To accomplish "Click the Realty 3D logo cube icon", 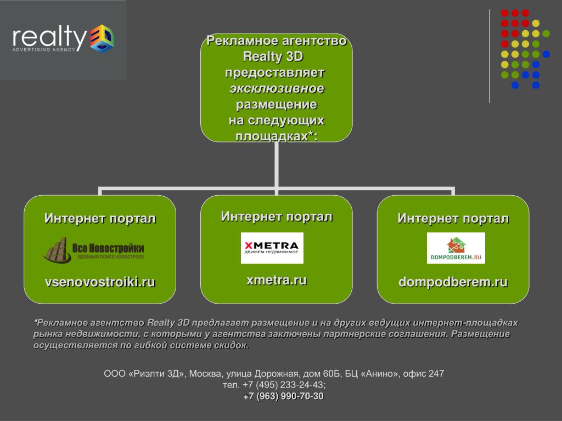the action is pyautogui.click(x=102, y=38).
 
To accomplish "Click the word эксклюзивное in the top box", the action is pyautogui.click(x=277, y=88).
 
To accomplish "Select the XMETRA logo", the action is pyautogui.click(x=272, y=248).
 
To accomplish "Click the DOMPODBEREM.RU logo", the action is pyautogui.click(x=456, y=248).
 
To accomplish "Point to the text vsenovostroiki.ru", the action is pyautogui.click(x=100, y=282).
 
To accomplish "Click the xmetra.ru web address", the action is pyautogui.click(x=276, y=280).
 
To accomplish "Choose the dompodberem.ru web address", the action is pyautogui.click(x=453, y=282).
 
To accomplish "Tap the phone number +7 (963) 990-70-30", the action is pyautogui.click(x=283, y=396).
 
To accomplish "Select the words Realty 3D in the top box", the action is pyautogui.click(x=273, y=56).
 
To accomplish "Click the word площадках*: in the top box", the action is pyautogui.click(x=276, y=136).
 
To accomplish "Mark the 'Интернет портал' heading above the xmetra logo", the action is pyautogui.click(x=277, y=216).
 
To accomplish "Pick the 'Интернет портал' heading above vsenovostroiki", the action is pyautogui.click(x=100, y=219).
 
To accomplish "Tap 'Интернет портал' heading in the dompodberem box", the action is pyautogui.click(x=453, y=219).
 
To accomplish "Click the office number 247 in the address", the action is pyautogui.click(x=436, y=374).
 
